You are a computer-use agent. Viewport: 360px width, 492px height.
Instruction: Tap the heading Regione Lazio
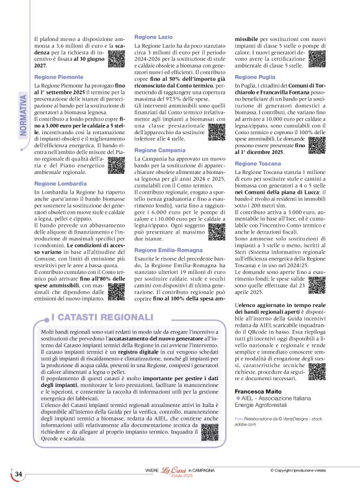(x=153, y=37)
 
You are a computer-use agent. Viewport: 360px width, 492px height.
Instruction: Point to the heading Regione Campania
(x=159, y=150)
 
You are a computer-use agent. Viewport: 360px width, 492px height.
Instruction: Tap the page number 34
(x=19, y=474)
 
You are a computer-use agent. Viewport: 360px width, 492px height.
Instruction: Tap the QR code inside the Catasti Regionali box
(x=209, y=433)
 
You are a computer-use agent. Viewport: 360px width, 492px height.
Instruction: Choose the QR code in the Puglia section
(x=316, y=147)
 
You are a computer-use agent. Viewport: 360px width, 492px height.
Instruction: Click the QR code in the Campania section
(x=217, y=230)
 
